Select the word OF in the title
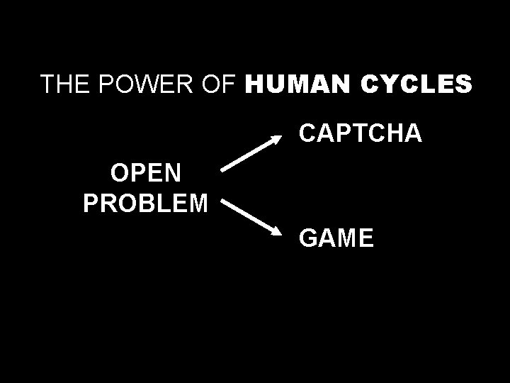[x=219, y=84]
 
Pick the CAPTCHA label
[x=361, y=133]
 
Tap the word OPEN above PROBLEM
[x=145, y=172]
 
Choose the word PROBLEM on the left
[x=145, y=204]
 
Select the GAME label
[x=336, y=238]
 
